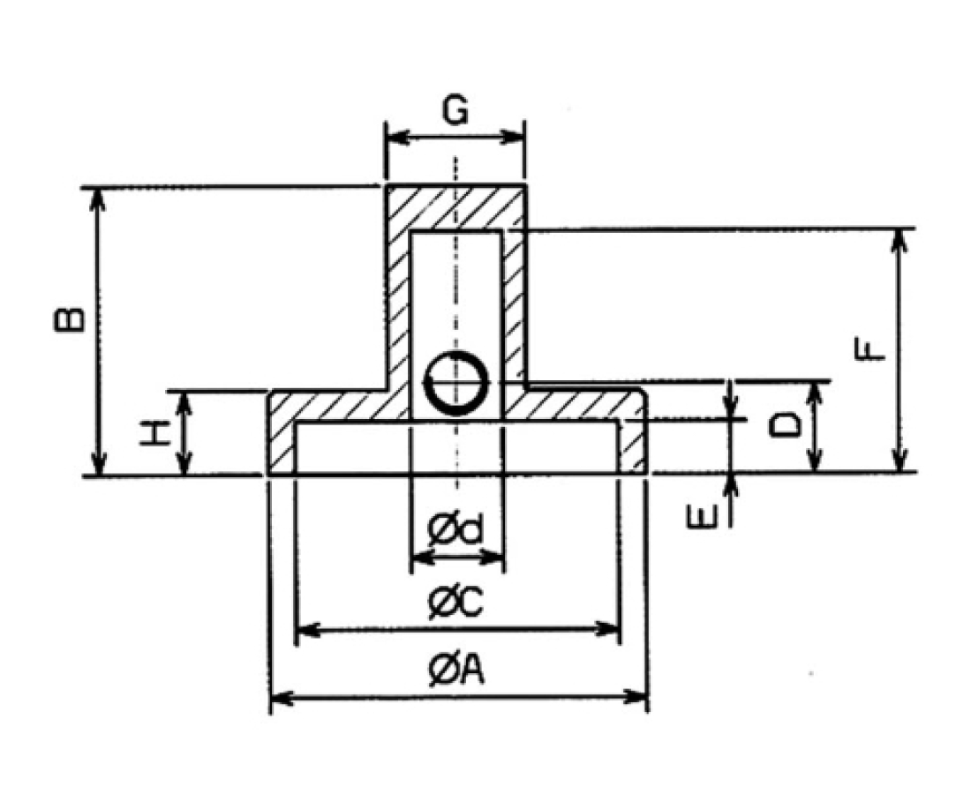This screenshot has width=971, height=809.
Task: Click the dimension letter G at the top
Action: tap(455, 113)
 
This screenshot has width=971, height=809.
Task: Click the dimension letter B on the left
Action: tap(70, 320)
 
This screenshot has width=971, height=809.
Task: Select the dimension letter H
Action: tap(154, 433)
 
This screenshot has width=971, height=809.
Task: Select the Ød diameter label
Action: tap(455, 531)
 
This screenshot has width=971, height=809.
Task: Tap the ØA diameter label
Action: tap(455, 672)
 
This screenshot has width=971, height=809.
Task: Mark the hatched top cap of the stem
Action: tap(455, 208)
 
